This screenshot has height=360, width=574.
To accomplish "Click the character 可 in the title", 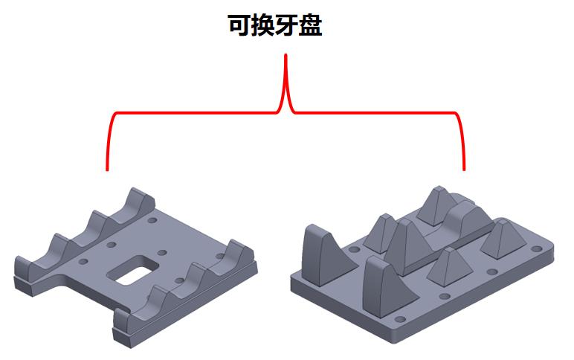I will click(x=239, y=26).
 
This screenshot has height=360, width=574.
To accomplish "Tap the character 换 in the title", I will click(x=267, y=26).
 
